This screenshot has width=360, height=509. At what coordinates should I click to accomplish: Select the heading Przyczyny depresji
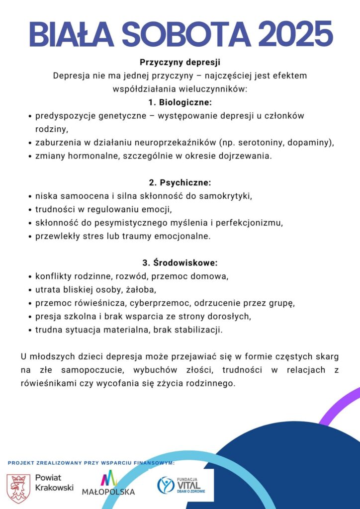tap(180, 63)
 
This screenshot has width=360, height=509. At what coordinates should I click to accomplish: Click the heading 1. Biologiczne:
tap(180, 102)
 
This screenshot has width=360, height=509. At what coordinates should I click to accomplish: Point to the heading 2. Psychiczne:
tap(180, 182)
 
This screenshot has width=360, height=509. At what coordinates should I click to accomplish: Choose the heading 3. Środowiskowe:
tap(180, 262)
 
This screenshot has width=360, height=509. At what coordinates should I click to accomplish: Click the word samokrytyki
tap(226, 195)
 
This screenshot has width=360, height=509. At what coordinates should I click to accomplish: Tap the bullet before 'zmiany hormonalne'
tap(29, 156)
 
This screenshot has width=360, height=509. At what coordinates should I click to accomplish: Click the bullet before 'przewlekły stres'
tap(29, 236)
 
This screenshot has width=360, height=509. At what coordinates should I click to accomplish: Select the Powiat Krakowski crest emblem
tap(18, 488)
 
